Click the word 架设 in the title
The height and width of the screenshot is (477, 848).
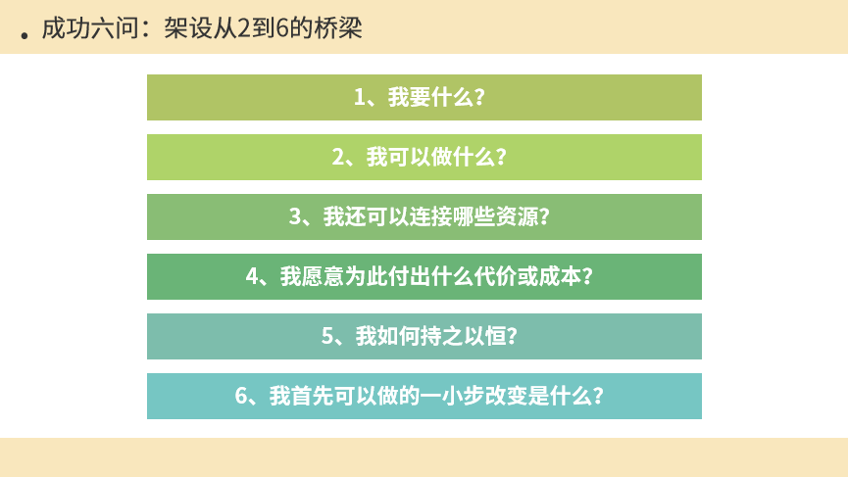pyautogui.click(x=183, y=28)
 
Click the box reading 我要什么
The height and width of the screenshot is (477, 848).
pyautogui.click(x=424, y=97)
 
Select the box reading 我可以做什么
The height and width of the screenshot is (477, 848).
pyautogui.click(x=424, y=157)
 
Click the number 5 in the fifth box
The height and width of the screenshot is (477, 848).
pyautogui.click(x=327, y=336)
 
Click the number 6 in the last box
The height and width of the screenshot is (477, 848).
pyautogui.click(x=240, y=396)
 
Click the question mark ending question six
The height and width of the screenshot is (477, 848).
pyautogui.click(x=598, y=396)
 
